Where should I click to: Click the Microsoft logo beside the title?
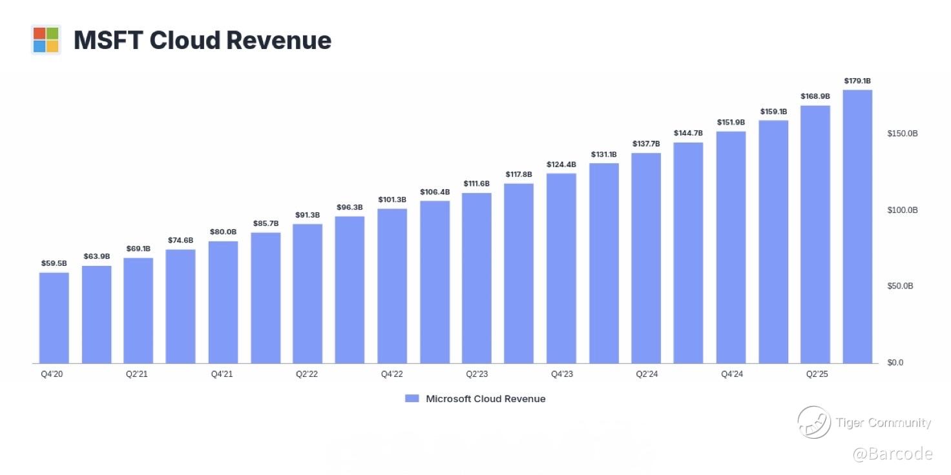(x=46, y=40)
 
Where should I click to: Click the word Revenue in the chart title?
(x=278, y=40)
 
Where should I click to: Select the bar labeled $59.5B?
(x=54, y=318)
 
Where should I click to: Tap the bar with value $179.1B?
(x=857, y=226)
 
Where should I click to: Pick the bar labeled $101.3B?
(x=392, y=285)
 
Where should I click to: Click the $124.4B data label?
(x=561, y=165)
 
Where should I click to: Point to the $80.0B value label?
(x=223, y=232)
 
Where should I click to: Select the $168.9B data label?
(x=815, y=96)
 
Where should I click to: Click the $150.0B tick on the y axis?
(x=903, y=134)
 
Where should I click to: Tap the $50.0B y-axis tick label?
(x=900, y=286)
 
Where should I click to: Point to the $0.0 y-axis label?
(x=895, y=363)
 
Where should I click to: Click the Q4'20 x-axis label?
(x=52, y=374)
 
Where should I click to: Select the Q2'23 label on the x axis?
(x=476, y=374)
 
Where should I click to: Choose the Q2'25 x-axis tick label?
(x=816, y=374)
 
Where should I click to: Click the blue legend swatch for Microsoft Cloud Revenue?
(x=412, y=399)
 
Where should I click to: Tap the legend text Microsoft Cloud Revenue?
(x=485, y=399)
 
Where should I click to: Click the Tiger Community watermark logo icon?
(x=813, y=423)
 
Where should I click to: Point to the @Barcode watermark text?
(x=892, y=454)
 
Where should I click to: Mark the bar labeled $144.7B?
(x=688, y=252)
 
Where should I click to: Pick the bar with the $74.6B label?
(x=180, y=306)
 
